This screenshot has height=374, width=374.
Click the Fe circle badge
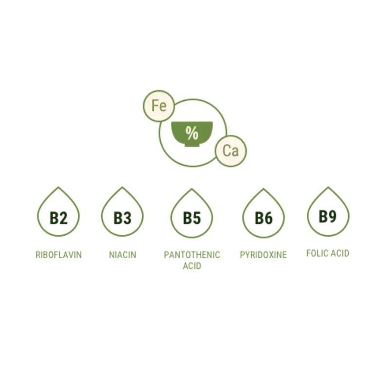coord(158,106)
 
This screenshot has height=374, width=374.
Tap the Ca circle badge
coord(230,150)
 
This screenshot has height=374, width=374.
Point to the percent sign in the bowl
coord(192,133)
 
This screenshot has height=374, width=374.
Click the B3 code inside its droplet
coord(122,217)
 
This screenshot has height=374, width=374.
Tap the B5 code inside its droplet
coord(192,217)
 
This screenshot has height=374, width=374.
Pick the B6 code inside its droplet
coord(263,217)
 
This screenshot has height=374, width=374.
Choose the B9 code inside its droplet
coord(327,215)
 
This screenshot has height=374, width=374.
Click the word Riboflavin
coord(58,254)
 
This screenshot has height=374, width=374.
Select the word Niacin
coord(122,254)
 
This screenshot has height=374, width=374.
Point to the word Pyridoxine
coord(263,254)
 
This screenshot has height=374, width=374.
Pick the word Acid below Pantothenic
coord(192,266)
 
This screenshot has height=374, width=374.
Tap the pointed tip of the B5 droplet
coord(192,187)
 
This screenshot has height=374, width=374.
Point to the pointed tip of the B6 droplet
coord(263,187)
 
